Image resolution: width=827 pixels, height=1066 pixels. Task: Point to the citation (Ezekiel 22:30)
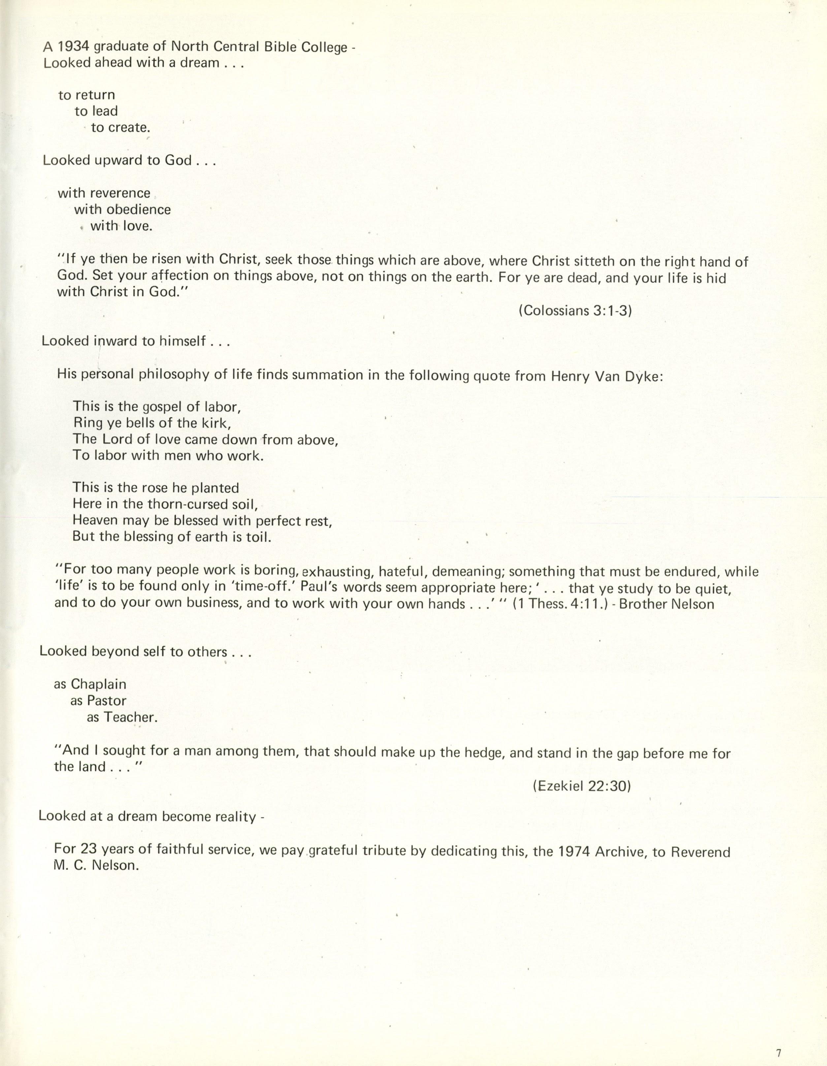click(x=582, y=786)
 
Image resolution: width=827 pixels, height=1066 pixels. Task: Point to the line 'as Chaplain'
click(x=90, y=684)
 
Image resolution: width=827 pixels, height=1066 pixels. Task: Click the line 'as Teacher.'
click(x=122, y=717)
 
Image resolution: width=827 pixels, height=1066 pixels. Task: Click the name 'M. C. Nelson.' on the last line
click(x=97, y=866)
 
